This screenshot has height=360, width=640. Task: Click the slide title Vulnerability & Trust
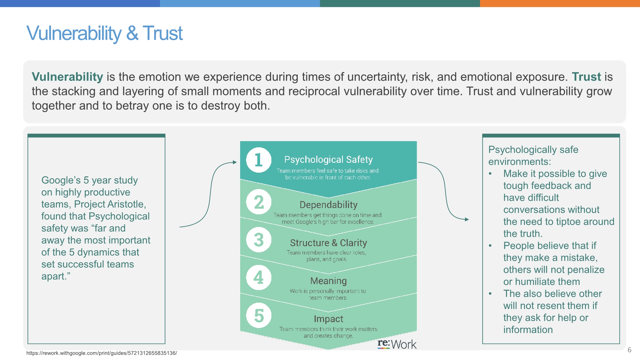tap(104, 33)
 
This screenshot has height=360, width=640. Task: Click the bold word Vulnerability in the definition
tap(67, 77)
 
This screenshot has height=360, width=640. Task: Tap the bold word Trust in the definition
tap(586, 77)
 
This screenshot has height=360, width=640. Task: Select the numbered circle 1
tap(259, 160)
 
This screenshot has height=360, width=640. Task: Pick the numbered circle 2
tap(259, 202)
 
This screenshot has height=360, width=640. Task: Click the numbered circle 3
tap(259, 240)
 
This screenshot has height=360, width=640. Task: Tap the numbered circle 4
tap(259, 277)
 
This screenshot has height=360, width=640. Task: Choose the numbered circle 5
tap(259, 315)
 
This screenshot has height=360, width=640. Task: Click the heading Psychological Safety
tap(328, 160)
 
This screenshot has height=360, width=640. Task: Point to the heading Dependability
tap(328, 205)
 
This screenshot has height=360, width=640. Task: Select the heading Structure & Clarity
tap(328, 243)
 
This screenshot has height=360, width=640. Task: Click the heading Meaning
tap(328, 281)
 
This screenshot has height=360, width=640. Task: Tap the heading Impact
tap(328, 319)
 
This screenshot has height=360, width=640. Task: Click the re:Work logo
tap(397, 344)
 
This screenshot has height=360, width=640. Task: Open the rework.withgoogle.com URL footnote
tap(102, 353)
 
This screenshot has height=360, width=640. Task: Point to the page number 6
tap(629, 350)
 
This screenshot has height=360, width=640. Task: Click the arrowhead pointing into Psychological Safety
tap(235, 162)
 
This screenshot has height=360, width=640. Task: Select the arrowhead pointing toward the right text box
tap(467, 219)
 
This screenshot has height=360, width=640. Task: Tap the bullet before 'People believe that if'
tap(490, 246)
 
